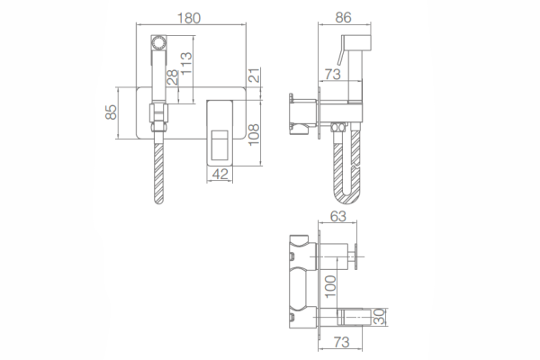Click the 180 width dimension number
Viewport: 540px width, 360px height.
[189, 18]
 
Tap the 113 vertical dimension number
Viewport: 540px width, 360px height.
[186, 63]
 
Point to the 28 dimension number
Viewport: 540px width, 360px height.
[173, 76]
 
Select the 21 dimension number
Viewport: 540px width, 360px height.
[254, 75]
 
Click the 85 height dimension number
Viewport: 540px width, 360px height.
[111, 112]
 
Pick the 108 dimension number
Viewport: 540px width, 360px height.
[254, 135]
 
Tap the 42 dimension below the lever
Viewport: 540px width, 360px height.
[220, 174]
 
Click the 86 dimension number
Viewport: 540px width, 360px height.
[344, 18]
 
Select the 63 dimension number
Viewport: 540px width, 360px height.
[338, 216]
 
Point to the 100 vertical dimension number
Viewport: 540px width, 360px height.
[330, 286]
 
